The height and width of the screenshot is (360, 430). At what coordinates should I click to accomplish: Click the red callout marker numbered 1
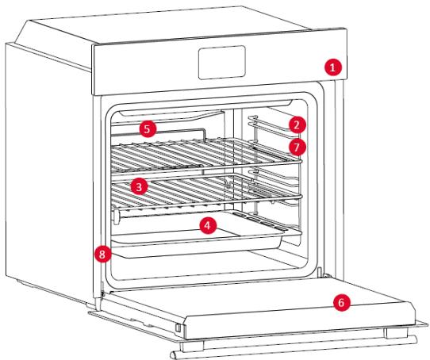click(x=333, y=67)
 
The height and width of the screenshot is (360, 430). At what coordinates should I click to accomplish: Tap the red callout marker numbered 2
click(x=297, y=125)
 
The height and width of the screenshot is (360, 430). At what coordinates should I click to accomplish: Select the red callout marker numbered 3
click(x=139, y=186)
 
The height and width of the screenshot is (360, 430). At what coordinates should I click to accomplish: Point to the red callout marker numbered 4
click(x=208, y=225)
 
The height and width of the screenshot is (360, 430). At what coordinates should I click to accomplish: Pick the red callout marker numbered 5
click(x=148, y=129)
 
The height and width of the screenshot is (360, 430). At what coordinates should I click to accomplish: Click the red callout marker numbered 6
click(x=342, y=302)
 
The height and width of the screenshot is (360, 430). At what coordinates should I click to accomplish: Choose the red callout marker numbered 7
click(x=297, y=147)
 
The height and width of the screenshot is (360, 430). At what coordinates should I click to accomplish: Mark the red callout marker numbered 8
click(x=102, y=254)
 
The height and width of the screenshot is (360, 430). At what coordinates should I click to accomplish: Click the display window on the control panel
click(x=222, y=63)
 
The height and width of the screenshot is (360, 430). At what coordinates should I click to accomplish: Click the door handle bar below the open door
click(x=294, y=346)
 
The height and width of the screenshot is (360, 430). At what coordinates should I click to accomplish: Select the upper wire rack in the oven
click(x=205, y=155)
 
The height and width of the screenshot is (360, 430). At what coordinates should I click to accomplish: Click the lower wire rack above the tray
click(x=205, y=192)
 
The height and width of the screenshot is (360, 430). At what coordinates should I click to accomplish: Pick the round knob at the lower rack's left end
click(x=116, y=216)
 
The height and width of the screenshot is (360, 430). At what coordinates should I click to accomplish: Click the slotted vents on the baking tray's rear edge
click(x=259, y=220)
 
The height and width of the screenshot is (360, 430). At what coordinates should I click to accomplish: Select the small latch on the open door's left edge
click(x=178, y=327)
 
